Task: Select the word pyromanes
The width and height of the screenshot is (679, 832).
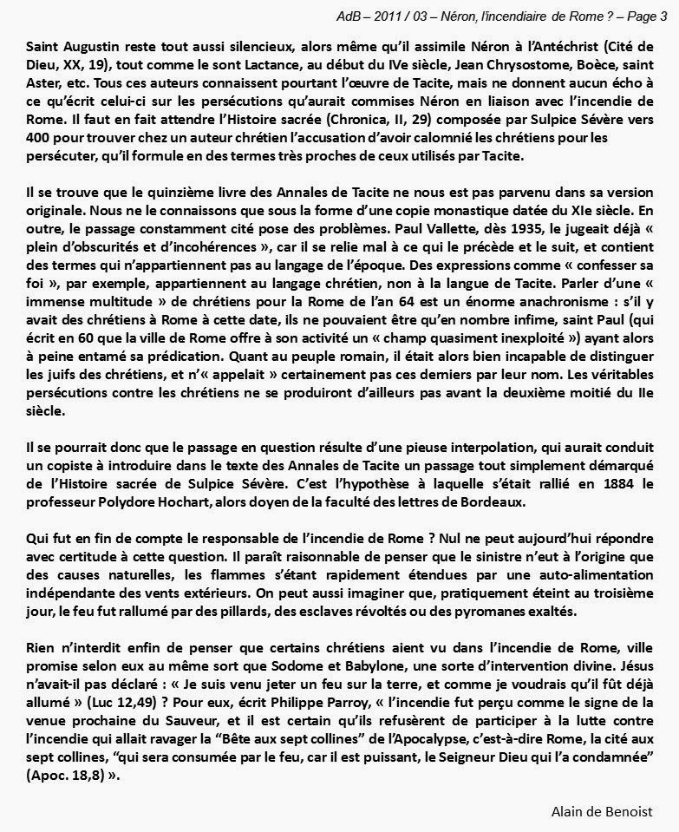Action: pos(481,613)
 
